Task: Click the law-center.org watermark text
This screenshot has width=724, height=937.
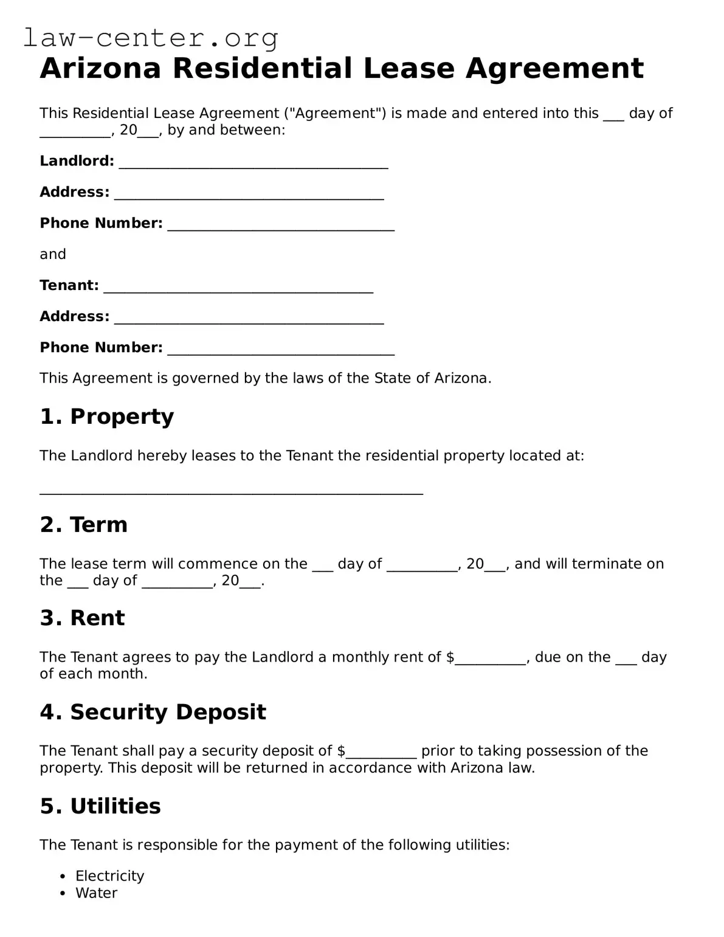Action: pyautogui.click(x=151, y=38)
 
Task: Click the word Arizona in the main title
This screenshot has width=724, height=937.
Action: pyautogui.click(x=100, y=68)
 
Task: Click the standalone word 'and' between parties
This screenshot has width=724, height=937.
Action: pyautogui.click(x=53, y=254)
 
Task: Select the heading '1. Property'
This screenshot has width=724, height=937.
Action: pyautogui.click(x=107, y=417)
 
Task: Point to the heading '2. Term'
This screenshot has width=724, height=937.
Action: pyautogui.click(x=84, y=525)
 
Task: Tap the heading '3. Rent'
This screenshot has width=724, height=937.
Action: pyautogui.click(x=82, y=618)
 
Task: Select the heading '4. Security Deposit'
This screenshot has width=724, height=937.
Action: pyautogui.click(x=153, y=712)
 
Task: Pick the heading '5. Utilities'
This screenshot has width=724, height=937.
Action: pyautogui.click(x=100, y=806)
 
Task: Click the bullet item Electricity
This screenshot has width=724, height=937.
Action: pyautogui.click(x=109, y=876)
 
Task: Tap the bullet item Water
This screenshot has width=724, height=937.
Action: pyautogui.click(x=96, y=893)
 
